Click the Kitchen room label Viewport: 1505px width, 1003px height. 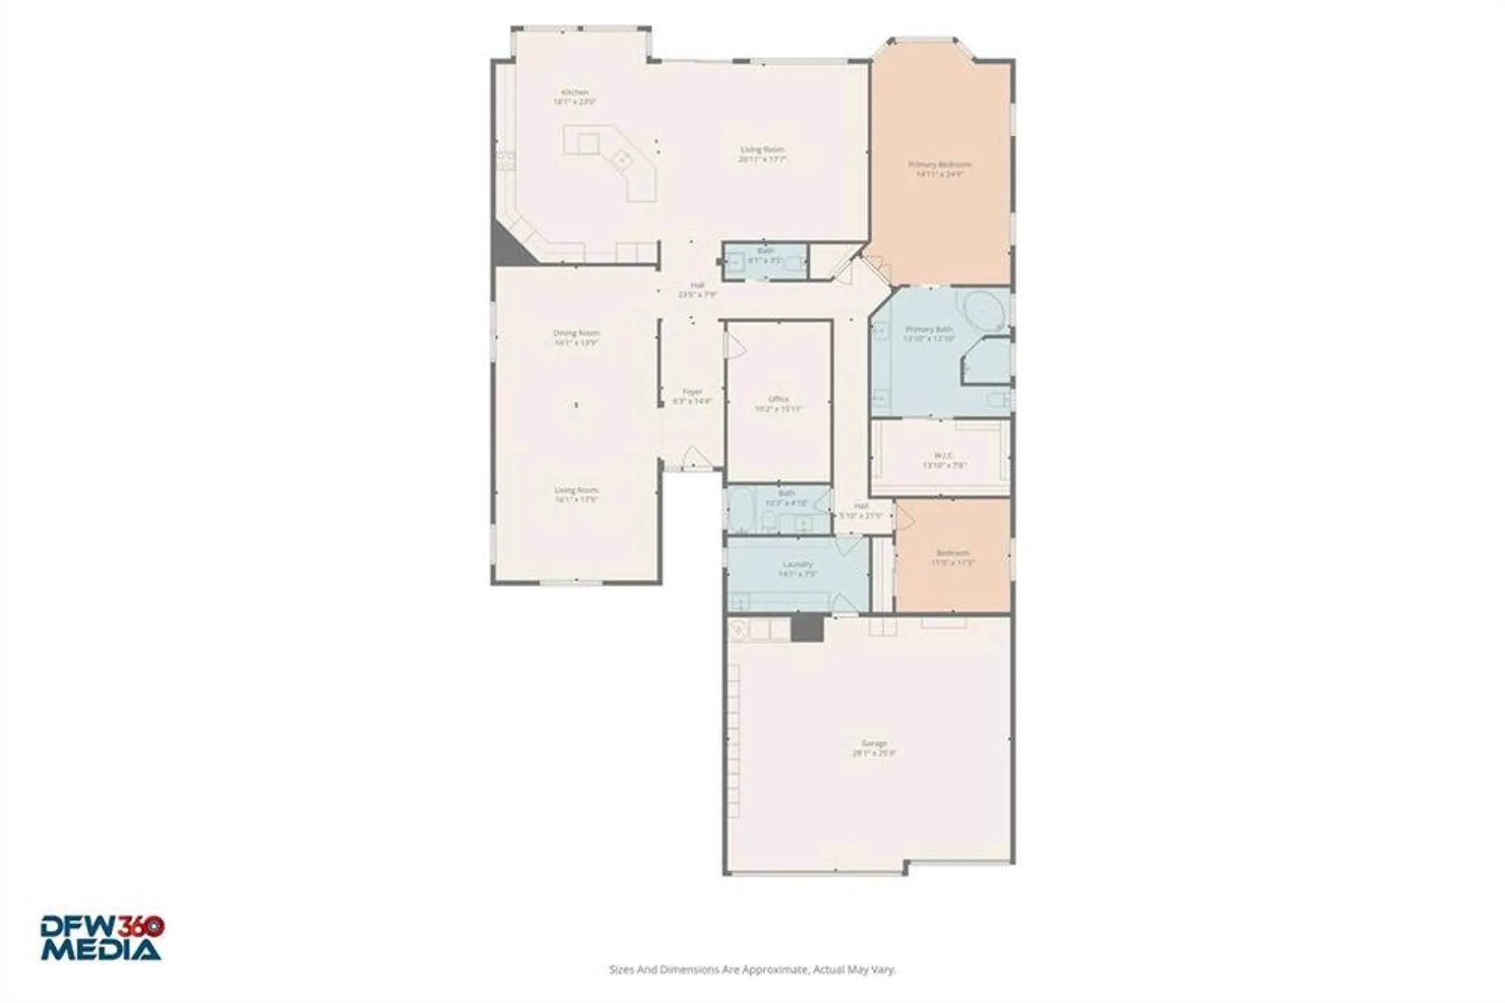coord(575,93)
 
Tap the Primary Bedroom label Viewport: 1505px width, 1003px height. coord(939,164)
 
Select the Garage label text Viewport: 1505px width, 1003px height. coord(874,743)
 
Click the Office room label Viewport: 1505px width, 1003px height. coord(779,399)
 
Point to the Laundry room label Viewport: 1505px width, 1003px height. coord(798,564)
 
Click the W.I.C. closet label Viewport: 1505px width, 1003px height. coord(944,456)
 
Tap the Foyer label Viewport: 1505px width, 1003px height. coord(692,392)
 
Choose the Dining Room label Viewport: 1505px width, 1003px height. coord(576,333)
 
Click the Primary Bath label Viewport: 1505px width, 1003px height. coord(929,329)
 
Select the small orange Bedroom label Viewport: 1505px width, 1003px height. coord(953,553)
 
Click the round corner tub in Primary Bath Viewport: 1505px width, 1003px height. coord(983,309)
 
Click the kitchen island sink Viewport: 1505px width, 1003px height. coord(622,159)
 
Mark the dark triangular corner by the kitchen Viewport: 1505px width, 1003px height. coord(509,248)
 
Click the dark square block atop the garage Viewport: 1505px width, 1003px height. coord(807,627)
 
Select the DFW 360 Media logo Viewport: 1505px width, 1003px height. coord(102,937)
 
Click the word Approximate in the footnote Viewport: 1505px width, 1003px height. coord(775,970)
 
